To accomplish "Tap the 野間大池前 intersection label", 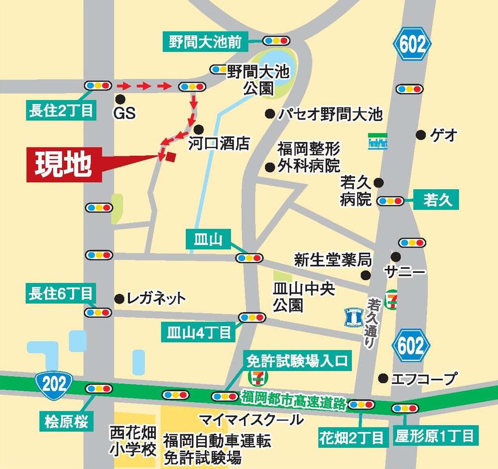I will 205,42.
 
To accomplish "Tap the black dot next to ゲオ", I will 421,134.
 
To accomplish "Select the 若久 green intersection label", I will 437,200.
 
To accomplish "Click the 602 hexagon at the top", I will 412,45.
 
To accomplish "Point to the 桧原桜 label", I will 65,423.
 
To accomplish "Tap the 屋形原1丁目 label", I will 434,437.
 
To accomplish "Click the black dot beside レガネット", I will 119,299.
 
